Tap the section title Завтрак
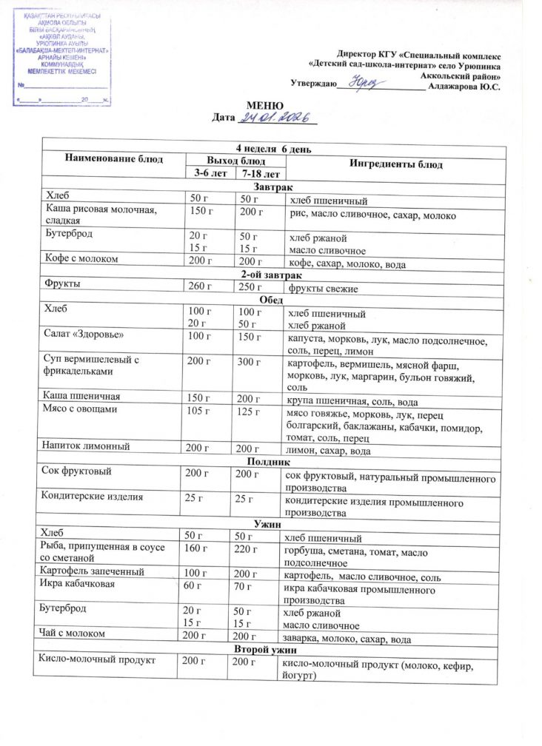(272, 186)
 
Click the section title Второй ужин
(271, 649)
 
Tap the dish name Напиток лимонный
(88, 447)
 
